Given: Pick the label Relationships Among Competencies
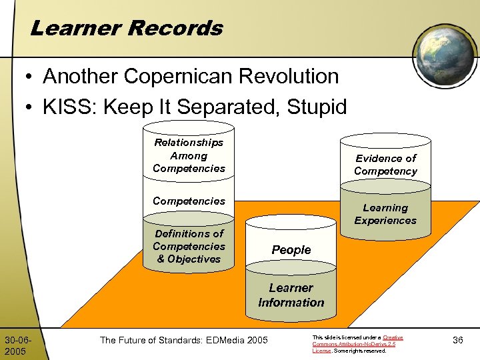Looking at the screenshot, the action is (x=189, y=155).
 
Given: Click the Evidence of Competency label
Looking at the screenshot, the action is (x=385, y=165).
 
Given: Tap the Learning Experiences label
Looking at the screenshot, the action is (x=385, y=214).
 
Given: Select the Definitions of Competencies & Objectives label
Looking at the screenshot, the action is (x=189, y=246).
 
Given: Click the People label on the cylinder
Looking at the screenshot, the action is (x=291, y=250).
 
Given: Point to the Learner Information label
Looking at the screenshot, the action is (x=291, y=295).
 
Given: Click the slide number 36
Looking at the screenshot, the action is (x=458, y=340).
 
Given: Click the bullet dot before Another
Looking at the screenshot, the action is (x=29, y=77).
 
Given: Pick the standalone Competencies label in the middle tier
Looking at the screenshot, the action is (x=189, y=201).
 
